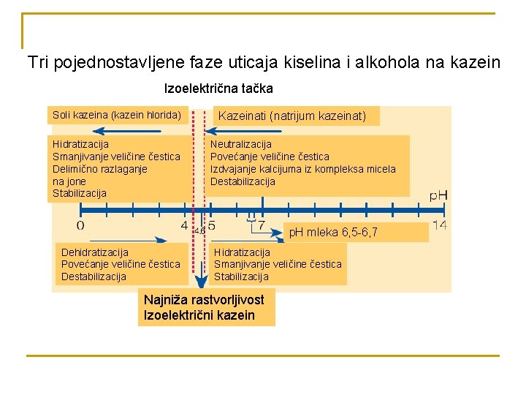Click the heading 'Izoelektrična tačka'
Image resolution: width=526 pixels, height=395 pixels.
[218, 89]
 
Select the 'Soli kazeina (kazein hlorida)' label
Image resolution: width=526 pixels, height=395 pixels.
[117, 115]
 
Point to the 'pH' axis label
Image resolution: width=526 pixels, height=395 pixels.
[438, 195]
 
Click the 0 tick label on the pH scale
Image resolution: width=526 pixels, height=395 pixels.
[80, 225]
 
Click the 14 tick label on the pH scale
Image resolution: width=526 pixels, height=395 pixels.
[439, 225]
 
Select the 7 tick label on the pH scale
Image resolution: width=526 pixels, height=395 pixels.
[262, 225]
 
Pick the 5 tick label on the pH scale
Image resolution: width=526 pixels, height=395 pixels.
[212, 225]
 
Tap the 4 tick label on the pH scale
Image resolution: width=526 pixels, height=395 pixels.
[184, 225]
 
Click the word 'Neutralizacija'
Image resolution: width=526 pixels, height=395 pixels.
[241, 144]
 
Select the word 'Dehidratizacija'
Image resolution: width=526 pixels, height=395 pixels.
[95, 252]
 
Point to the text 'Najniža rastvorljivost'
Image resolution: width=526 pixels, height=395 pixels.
[204, 300]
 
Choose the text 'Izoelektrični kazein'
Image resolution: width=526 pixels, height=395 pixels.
[199, 315]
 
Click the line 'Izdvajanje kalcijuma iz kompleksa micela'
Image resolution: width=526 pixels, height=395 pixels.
[303, 169]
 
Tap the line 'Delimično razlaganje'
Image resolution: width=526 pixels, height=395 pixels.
[100, 169]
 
